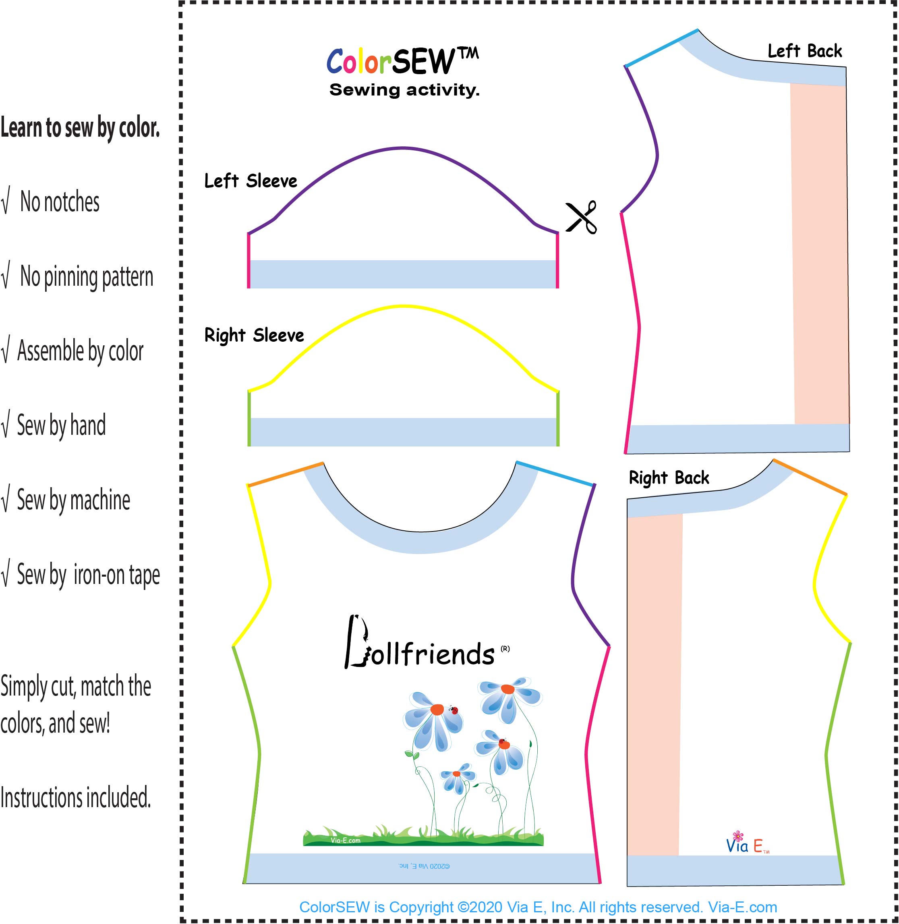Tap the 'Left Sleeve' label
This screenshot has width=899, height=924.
[x=251, y=181]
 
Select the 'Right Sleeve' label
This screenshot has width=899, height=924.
[x=254, y=335]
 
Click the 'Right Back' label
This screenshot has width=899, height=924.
[x=669, y=478]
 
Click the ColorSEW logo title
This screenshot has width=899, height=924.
[x=402, y=61]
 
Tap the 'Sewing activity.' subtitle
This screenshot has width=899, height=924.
[x=404, y=90]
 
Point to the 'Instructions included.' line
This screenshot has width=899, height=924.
[x=76, y=798]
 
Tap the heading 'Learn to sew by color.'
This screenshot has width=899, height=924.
[x=80, y=128]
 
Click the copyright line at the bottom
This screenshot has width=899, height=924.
[x=538, y=907]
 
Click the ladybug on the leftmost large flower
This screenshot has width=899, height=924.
[x=454, y=710]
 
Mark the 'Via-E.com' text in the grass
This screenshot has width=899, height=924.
[x=345, y=841]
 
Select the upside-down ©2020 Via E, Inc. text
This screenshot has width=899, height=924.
[x=424, y=866]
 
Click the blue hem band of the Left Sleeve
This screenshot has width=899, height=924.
[x=403, y=274]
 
